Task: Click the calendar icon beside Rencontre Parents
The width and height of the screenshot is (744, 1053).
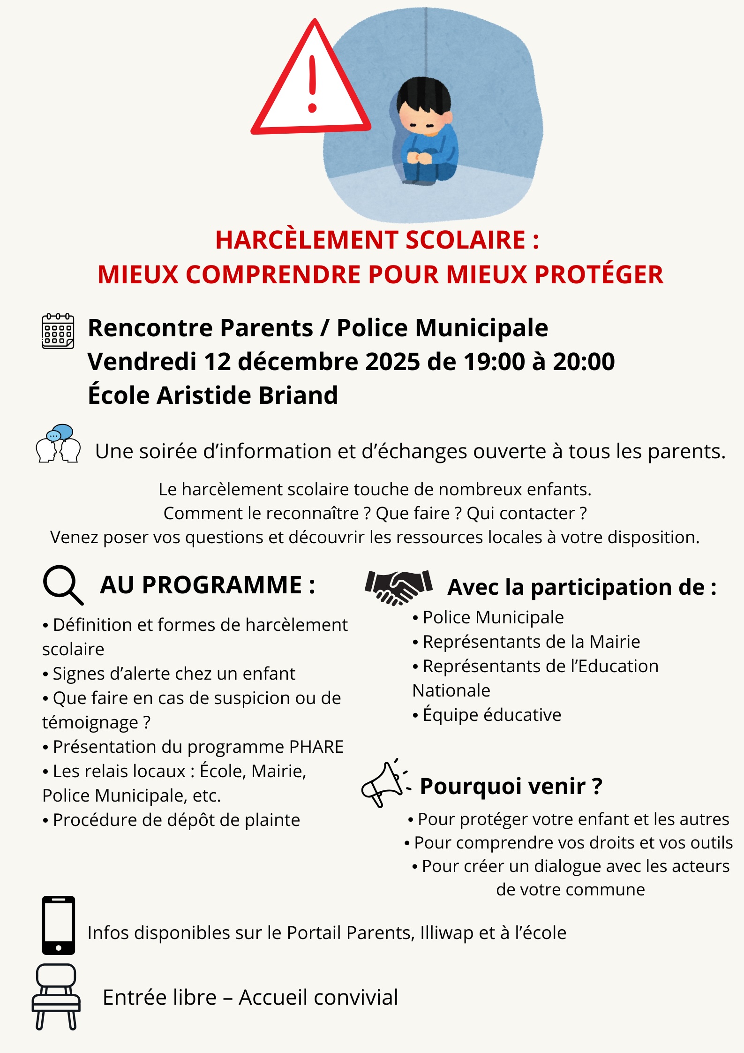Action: [58, 331]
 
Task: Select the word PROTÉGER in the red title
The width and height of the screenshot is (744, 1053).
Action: [599, 275]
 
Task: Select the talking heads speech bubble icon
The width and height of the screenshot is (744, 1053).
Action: [58, 444]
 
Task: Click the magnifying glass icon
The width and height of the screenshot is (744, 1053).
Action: [62, 585]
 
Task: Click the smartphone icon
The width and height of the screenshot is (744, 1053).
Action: [58, 925]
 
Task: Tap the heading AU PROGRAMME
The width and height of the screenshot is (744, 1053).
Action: [207, 585]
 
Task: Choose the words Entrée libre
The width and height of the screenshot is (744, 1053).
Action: [159, 998]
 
